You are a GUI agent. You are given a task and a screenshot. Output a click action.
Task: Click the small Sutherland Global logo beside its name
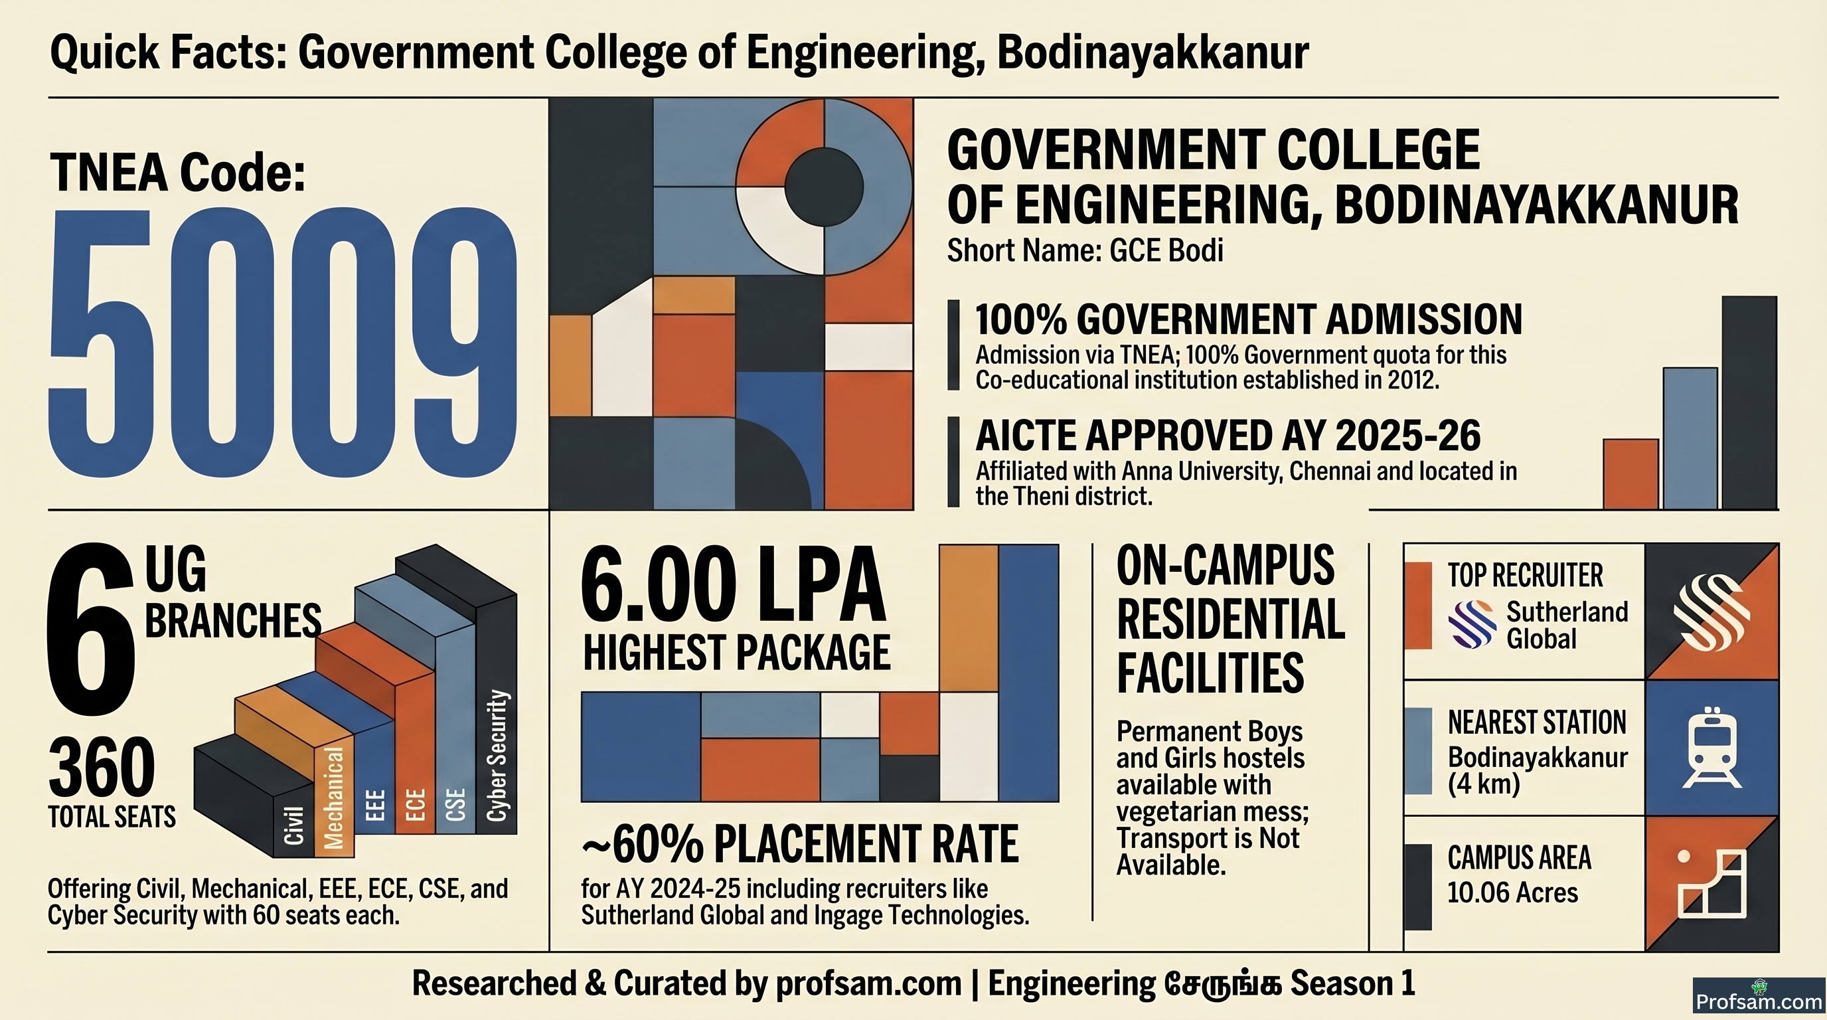point(1472,624)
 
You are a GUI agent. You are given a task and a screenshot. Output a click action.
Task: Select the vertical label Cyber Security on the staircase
point(498,756)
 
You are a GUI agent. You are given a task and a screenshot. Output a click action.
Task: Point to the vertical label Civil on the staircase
point(293,825)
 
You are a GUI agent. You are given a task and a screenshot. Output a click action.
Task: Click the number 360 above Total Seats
point(102,768)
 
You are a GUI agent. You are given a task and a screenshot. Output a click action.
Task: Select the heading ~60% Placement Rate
point(800,844)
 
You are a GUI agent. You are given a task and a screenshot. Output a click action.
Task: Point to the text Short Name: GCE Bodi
point(1085,251)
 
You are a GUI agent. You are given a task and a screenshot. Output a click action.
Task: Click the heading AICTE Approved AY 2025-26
point(1228,436)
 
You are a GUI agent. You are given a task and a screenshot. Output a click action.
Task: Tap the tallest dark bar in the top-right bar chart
point(1749,402)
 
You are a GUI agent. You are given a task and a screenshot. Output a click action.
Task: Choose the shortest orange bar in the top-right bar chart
point(1631,474)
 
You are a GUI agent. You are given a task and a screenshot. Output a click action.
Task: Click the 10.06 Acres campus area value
point(1513,892)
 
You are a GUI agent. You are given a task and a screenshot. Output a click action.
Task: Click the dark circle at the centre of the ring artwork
point(824,187)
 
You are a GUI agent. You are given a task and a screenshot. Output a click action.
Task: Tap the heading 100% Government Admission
point(1249,320)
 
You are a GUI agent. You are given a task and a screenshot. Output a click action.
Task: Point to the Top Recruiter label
point(1525,575)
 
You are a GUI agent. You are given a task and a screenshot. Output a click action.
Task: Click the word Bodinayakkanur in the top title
point(1152,52)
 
